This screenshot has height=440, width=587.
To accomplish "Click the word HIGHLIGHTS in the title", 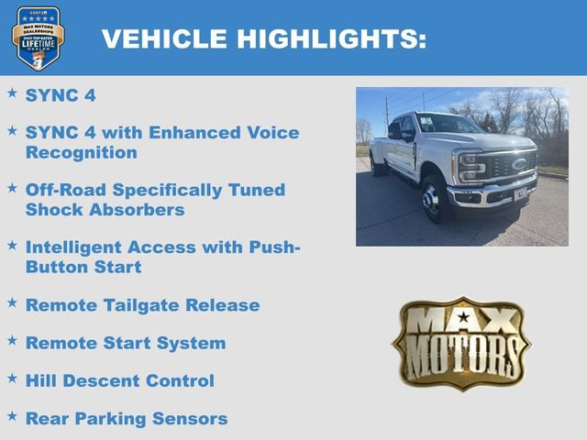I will [331, 39].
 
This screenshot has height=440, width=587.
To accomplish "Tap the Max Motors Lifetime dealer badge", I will [38, 38].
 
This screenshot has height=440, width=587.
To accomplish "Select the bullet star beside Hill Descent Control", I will [12, 377].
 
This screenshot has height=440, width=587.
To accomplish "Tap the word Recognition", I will [82, 153].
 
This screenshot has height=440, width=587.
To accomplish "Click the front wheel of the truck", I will [433, 199].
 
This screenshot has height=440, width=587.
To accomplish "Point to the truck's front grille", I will [509, 168].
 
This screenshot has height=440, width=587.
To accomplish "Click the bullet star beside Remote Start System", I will [12, 339].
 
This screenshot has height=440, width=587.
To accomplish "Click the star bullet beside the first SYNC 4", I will [12, 93].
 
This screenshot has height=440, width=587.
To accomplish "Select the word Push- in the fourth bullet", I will [274, 247].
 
